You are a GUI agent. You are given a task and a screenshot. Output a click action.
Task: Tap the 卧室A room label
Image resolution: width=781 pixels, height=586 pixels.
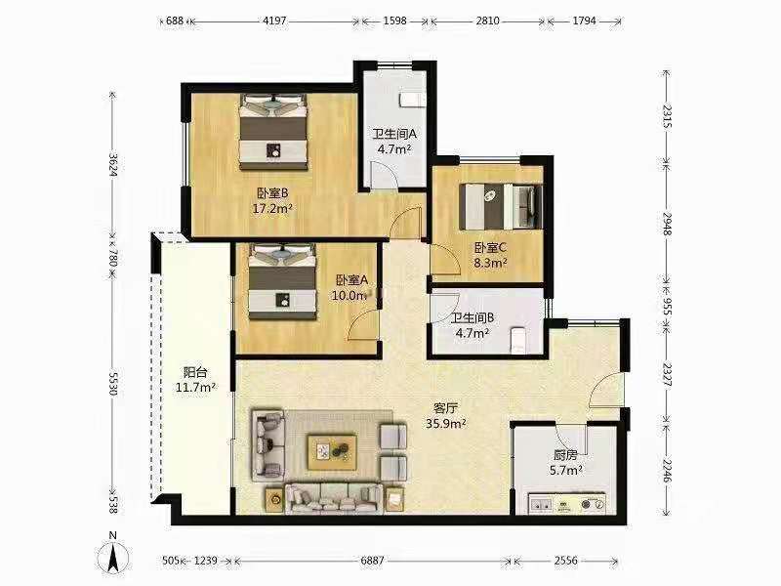coord(349,287)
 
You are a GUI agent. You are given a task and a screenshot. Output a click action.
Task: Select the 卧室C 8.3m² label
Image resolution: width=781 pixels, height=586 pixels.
coord(490,255)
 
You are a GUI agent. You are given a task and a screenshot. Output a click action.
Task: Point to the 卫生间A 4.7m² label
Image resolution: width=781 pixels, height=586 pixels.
coord(394,143)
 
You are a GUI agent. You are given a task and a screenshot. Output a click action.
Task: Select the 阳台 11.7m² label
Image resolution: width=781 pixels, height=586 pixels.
coord(195,379)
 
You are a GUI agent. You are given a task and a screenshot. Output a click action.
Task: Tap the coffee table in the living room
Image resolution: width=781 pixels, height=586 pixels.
coord(333,450)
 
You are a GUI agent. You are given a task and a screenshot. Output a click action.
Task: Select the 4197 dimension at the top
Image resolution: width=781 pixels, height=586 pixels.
coord(274,20)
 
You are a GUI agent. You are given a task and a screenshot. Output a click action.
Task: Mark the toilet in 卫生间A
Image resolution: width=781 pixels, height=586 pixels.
coord(411,98)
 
